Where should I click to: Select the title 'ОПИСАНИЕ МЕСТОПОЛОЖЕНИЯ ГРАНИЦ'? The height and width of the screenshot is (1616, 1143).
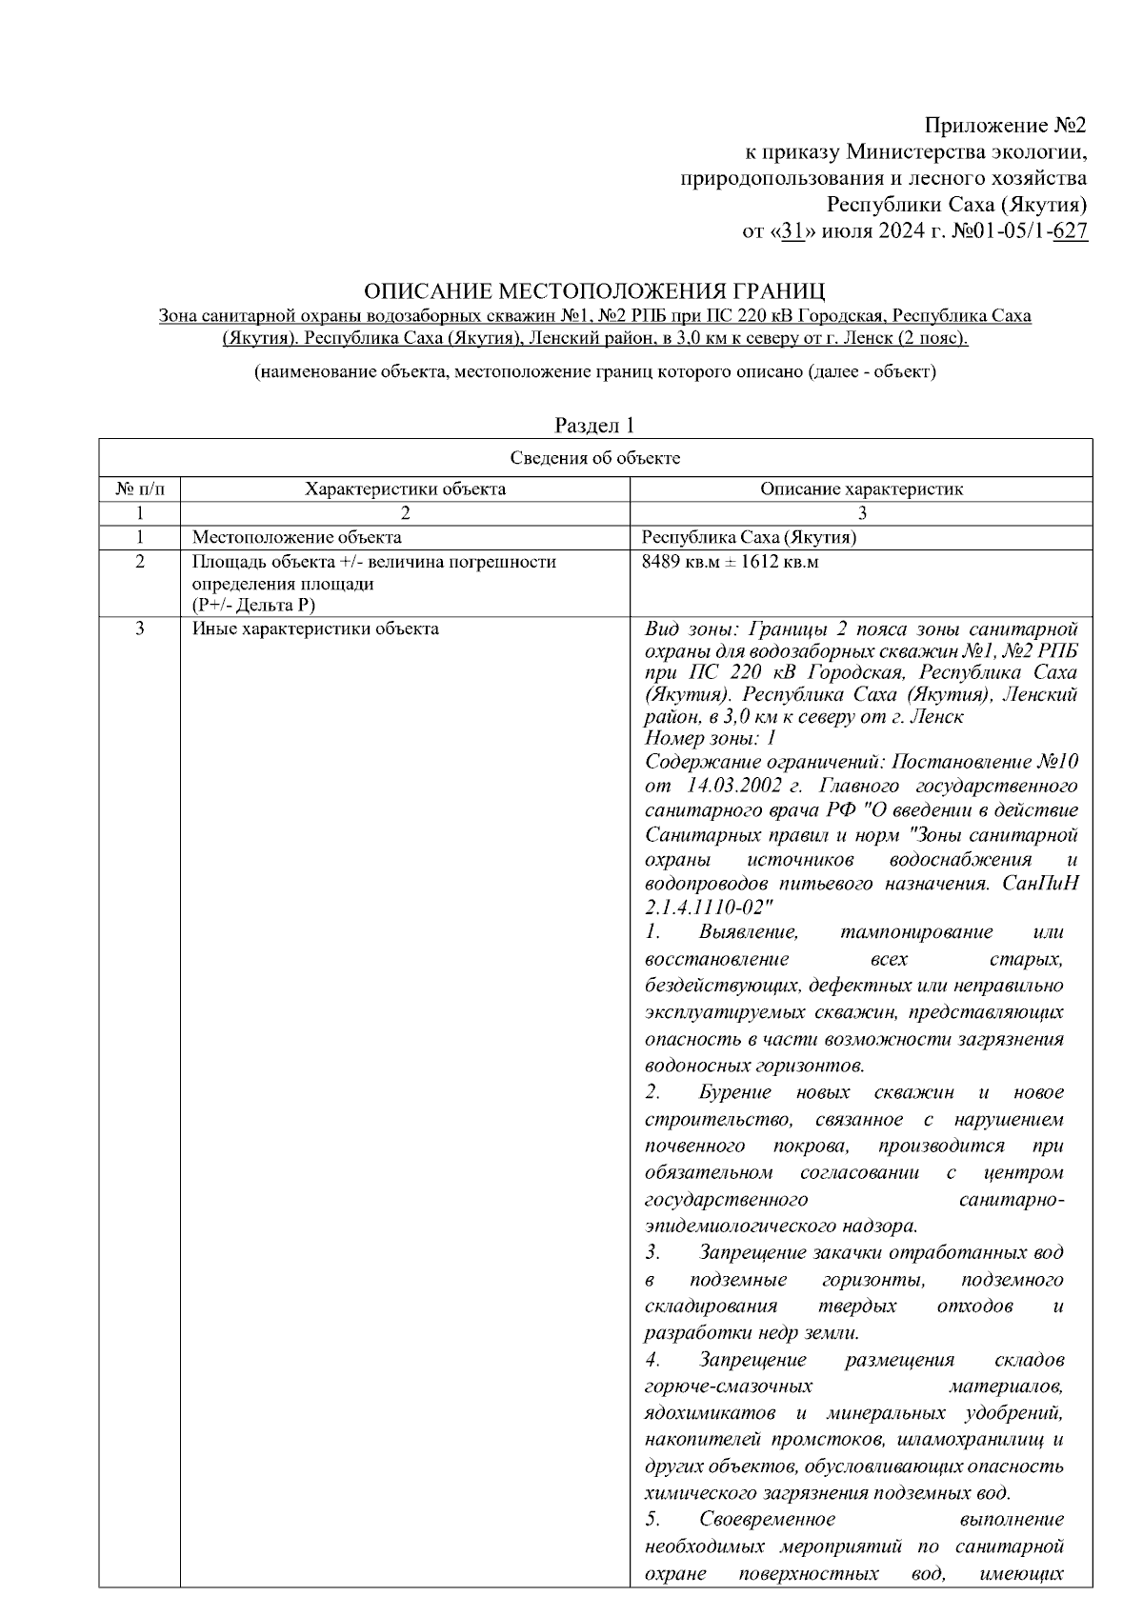pyautogui.click(x=595, y=290)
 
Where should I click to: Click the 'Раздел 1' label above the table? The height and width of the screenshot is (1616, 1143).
pyautogui.click(x=594, y=425)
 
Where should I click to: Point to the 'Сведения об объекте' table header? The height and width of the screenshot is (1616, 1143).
pyautogui.click(x=595, y=458)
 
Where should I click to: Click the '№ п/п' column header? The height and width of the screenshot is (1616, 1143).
pyautogui.click(x=140, y=489)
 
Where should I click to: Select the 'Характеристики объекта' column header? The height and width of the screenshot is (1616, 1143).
pyautogui.click(x=405, y=489)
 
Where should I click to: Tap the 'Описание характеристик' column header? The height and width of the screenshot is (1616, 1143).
pyautogui.click(x=861, y=489)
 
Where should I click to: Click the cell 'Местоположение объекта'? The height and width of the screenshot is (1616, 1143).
pyautogui.click(x=296, y=537)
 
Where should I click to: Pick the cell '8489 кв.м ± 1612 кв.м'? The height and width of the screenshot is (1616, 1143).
pyautogui.click(x=731, y=562)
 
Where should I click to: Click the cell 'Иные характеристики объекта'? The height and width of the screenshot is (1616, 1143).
pyautogui.click(x=315, y=628)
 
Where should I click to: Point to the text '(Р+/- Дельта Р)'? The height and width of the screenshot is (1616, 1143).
pyautogui.click(x=253, y=605)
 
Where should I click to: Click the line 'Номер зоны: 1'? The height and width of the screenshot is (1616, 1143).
pyautogui.click(x=711, y=738)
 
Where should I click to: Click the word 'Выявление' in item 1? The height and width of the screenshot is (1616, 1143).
pyautogui.click(x=748, y=932)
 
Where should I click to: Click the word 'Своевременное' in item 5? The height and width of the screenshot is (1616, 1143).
pyautogui.click(x=767, y=1519)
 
